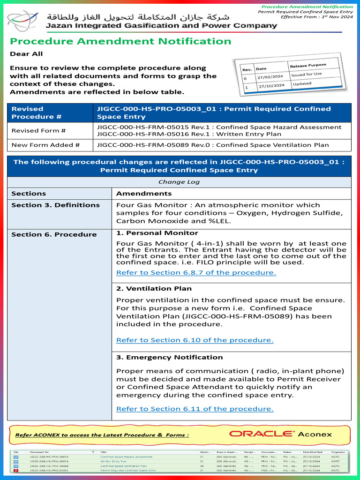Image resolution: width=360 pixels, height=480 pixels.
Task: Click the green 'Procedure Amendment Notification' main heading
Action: click(120, 41)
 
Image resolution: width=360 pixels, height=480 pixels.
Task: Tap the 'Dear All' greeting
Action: click(26, 54)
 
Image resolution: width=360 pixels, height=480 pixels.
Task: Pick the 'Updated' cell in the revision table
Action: click(302, 84)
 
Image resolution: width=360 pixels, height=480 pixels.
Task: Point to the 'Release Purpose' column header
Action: click(307, 65)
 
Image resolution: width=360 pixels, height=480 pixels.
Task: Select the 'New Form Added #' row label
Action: click(45, 145)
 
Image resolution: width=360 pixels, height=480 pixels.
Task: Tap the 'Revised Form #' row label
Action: click(38, 131)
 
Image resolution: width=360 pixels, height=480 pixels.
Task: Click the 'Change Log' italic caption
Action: click(179, 182)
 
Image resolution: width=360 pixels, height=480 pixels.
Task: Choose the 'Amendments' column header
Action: click(144, 194)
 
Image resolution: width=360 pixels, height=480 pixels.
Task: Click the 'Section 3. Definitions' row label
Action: click(55, 205)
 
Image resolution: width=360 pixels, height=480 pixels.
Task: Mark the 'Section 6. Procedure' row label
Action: click(54, 234)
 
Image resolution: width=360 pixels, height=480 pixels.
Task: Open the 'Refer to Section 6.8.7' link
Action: click(196, 272)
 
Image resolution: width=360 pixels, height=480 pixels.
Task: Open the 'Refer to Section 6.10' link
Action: click(195, 340)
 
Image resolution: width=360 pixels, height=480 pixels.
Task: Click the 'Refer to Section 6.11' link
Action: click(195, 409)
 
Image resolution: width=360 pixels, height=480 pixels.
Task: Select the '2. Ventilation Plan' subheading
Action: click(154, 289)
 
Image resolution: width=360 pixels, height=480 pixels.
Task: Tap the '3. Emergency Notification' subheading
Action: click(169, 357)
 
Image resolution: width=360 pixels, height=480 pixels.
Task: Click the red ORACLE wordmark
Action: click(262, 434)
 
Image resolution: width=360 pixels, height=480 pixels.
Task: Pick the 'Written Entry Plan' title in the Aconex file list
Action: click(113, 461)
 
